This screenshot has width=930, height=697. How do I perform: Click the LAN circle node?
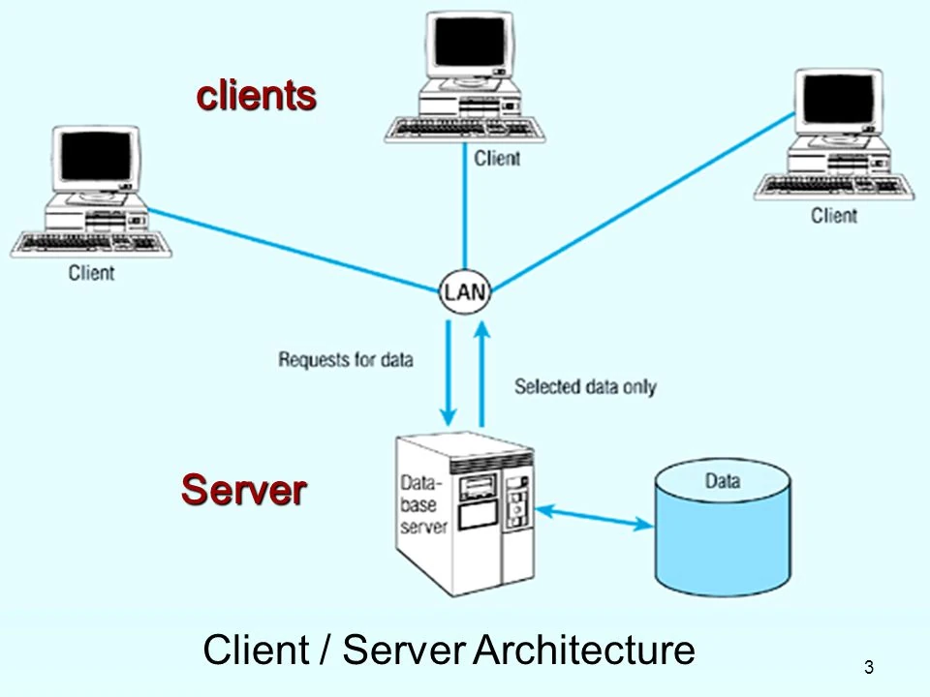coord(465,290)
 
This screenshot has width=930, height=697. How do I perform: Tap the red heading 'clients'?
coord(257,96)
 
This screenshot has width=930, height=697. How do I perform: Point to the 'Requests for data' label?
coord(346,360)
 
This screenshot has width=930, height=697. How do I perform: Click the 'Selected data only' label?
coord(584,387)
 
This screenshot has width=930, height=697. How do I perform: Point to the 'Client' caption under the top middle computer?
coord(497,158)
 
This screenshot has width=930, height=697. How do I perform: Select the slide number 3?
coord(868,667)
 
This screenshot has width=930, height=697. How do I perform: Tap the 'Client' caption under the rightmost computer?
coord(834,215)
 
